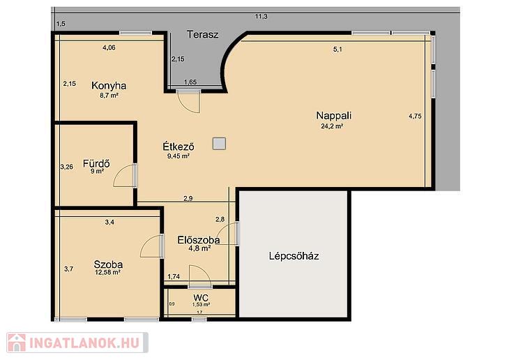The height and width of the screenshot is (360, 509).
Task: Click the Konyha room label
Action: (109, 86)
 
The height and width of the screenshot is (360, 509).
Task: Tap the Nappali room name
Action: (334, 116)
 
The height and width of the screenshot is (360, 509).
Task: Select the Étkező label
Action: (178, 147)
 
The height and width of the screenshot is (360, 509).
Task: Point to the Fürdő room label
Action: (96, 163)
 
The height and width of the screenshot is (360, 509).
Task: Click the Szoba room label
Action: (108, 264)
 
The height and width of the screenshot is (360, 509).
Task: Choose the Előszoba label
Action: (199, 240)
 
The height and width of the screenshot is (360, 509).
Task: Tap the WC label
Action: (201, 298)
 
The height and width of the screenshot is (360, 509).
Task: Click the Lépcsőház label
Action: (294, 256)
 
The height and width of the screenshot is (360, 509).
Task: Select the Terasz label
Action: (203, 34)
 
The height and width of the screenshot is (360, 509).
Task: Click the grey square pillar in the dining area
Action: (219, 143)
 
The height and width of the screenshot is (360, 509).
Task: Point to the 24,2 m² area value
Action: (332, 126)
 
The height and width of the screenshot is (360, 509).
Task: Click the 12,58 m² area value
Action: (108, 273)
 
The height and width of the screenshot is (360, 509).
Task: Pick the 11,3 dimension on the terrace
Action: (261, 16)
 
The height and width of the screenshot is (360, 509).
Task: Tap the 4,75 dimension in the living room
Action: (415, 116)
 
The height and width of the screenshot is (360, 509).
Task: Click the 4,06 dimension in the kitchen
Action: (109, 47)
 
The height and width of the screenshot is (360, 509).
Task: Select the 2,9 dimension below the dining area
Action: (188, 198)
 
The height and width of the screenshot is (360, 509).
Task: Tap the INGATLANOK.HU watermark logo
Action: (77, 343)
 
